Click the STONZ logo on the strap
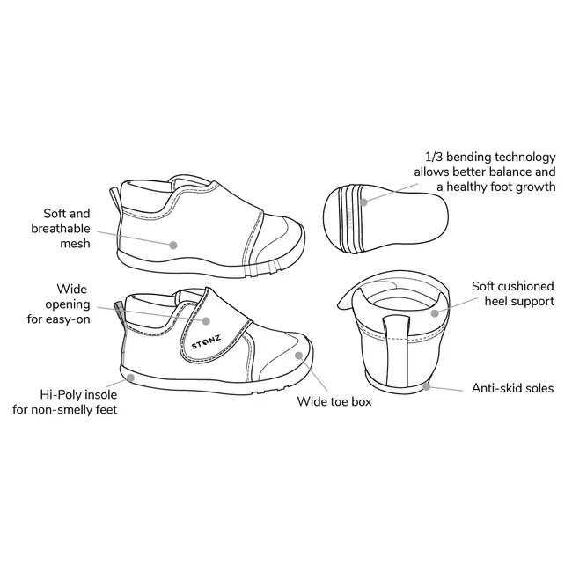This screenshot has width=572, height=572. [x=206, y=341]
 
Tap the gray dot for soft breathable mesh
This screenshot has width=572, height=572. [x=173, y=245]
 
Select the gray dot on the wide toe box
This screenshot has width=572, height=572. [x=299, y=356]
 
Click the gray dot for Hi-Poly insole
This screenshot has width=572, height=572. [x=130, y=378]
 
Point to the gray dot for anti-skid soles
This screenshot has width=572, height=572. [x=427, y=386]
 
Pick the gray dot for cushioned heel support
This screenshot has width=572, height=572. [x=435, y=313]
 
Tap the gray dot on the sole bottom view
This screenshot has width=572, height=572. [x=363, y=202]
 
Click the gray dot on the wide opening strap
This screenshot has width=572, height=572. [x=206, y=321]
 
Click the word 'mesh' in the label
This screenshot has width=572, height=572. [x=75, y=243]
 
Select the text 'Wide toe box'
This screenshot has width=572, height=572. [x=334, y=401]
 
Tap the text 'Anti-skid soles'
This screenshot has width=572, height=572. [x=512, y=388]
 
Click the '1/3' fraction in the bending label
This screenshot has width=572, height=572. [x=434, y=157]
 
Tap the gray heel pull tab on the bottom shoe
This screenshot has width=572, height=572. [x=119, y=312]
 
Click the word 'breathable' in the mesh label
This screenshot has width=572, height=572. [x=61, y=229]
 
